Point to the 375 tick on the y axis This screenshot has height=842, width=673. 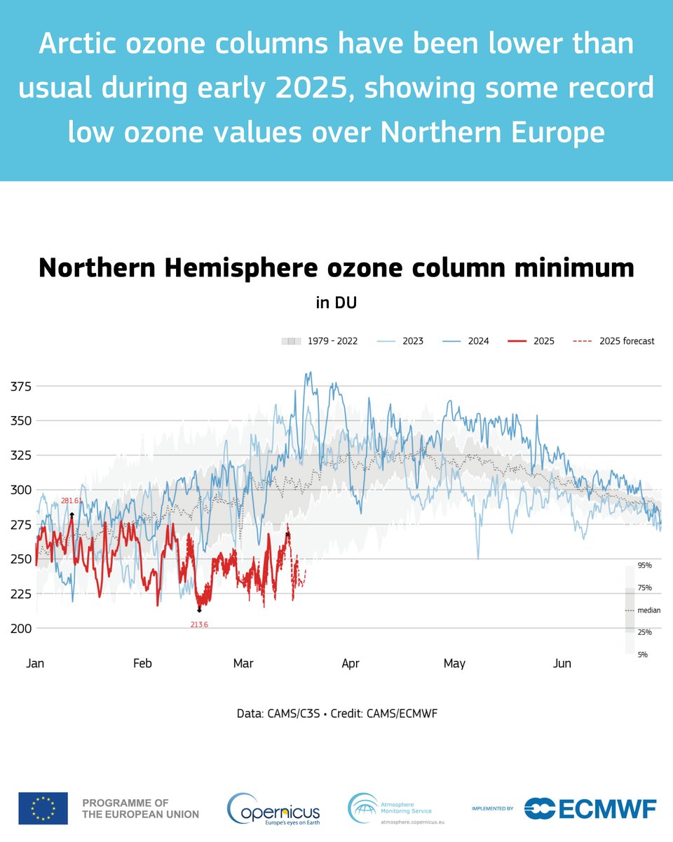point(21,386)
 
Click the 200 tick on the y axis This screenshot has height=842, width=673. point(21,628)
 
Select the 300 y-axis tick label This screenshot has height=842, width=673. point(21,490)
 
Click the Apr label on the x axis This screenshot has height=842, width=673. point(350,663)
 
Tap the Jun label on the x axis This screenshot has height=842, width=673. point(562,663)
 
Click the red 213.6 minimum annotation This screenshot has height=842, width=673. point(199,624)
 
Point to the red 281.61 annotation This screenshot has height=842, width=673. point(72,500)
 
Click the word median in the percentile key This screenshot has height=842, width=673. point(648,610)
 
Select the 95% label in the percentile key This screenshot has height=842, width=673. point(644,565)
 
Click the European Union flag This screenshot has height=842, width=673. point(43,808)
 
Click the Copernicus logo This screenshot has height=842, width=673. point(273,808)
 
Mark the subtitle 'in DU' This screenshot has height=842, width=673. point(336,302)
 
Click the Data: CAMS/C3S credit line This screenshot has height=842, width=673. point(336,714)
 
